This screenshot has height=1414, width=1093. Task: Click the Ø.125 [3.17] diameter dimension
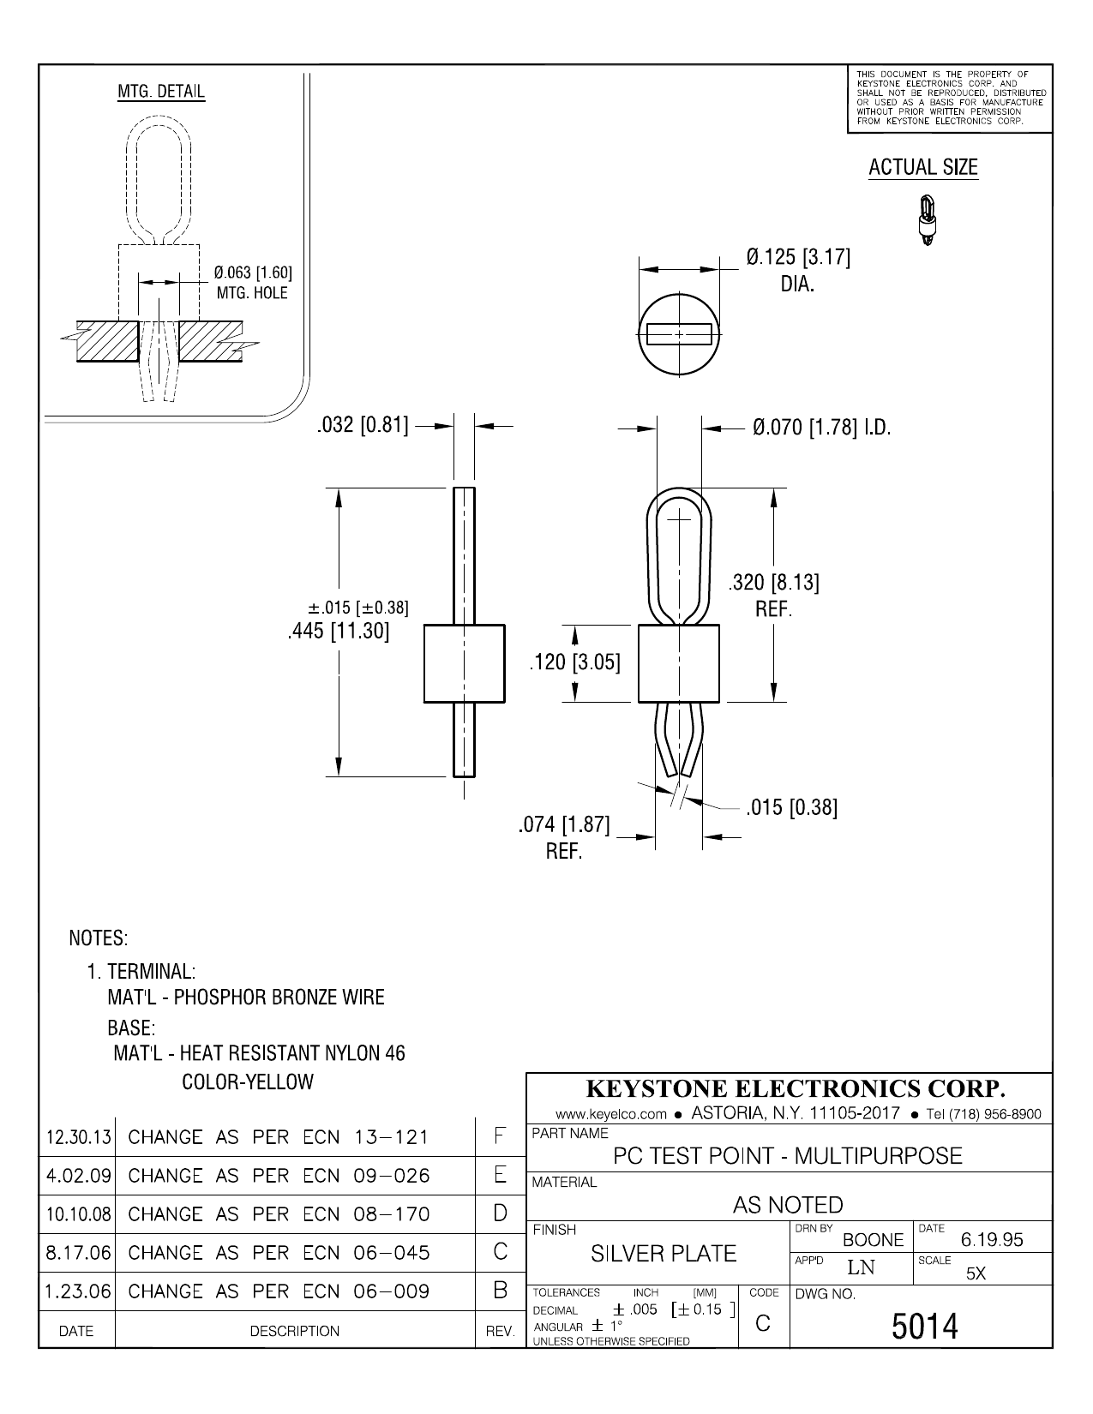click(798, 257)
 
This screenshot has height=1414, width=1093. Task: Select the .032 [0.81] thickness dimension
click(363, 425)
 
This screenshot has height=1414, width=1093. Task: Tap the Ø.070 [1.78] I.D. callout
click(821, 427)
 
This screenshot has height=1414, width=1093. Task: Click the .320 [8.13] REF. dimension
click(773, 584)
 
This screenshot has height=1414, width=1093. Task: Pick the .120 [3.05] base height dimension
click(574, 662)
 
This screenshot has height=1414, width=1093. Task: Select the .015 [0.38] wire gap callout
click(791, 807)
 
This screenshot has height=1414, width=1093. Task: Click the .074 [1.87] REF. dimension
click(564, 825)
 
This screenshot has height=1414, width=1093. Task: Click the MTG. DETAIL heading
click(161, 92)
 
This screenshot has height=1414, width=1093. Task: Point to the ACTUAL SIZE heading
click(922, 168)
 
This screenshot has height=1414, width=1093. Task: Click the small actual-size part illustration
click(927, 221)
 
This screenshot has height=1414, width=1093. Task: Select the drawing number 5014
click(925, 1327)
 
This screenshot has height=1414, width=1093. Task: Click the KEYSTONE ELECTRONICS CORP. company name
click(794, 1089)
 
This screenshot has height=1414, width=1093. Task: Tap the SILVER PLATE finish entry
click(664, 1254)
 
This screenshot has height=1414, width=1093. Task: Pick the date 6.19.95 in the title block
click(992, 1240)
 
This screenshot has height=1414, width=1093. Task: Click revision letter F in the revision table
click(500, 1136)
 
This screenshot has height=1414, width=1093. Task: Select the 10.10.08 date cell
click(78, 1214)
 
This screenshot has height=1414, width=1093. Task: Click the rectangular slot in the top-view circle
click(679, 333)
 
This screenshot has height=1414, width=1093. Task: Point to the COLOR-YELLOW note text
click(248, 1081)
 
